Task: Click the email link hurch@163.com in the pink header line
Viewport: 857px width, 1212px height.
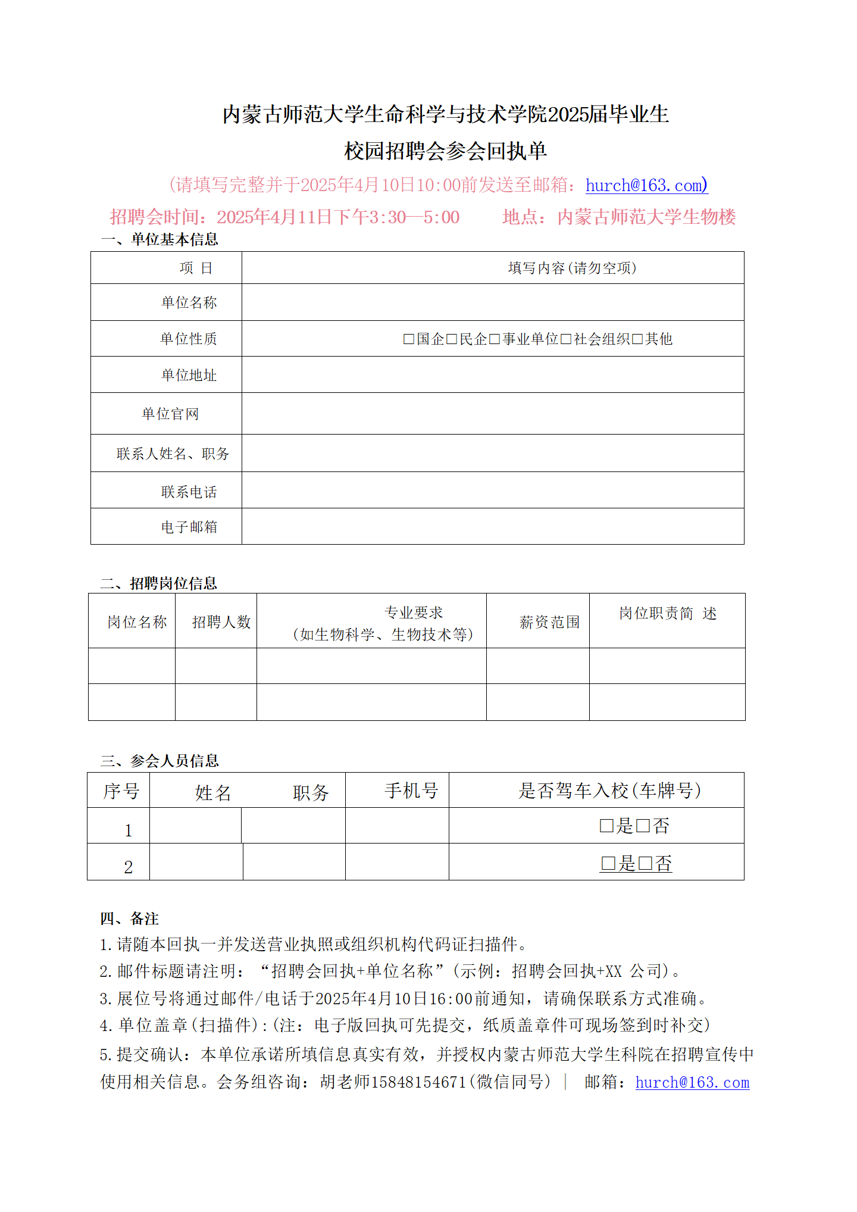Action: (645, 185)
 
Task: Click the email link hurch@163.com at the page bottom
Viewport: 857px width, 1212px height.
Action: (692, 1082)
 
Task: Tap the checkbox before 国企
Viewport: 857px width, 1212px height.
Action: (409, 339)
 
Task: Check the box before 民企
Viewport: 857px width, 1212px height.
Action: (452, 339)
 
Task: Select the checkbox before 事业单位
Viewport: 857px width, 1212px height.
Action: (495, 339)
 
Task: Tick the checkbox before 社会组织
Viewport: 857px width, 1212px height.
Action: (566, 339)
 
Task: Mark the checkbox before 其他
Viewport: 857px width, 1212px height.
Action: (637, 339)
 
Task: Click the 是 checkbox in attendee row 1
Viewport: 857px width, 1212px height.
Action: (606, 826)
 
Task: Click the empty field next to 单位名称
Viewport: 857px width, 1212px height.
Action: (492, 302)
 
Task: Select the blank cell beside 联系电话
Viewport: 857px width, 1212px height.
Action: (492, 490)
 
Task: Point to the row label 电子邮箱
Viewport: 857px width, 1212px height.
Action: (189, 527)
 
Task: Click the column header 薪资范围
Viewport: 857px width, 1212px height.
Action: (549, 622)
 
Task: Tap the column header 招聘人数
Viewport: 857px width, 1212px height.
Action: (221, 622)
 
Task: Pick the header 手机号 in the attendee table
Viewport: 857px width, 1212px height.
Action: (411, 791)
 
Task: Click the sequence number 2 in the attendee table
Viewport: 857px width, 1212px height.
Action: (128, 867)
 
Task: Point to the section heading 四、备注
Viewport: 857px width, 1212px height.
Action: (129, 919)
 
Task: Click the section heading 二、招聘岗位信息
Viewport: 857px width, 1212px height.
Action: (158, 583)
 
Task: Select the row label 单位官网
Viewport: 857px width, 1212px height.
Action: (170, 414)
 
